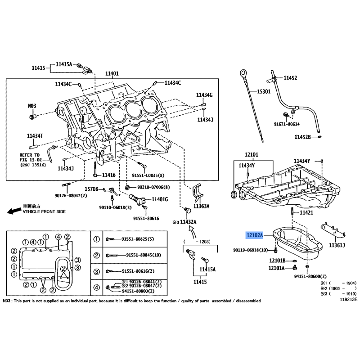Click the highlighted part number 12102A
click(x=254, y=235)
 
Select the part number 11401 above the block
click(x=112, y=73)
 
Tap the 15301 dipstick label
click(x=264, y=92)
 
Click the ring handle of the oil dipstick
click(x=243, y=73)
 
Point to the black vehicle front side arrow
click(x=14, y=211)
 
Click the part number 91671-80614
click(x=287, y=124)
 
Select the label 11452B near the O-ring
click(x=302, y=137)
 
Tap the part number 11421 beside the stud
click(x=306, y=212)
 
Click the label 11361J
click(x=337, y=245)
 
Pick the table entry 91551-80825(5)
click(x=138, y=239)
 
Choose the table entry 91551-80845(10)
click(x=144, y=255)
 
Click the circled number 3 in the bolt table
click(x=97, y=272)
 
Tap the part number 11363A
click(x=201, y=206)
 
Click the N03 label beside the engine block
click(x=32, y=106)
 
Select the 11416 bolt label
click(x=108, y=175)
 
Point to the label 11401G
click(x=160, y=199)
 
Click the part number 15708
click(x=91, y=189)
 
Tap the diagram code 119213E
click(x=348, y=299)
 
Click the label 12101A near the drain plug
click(x=276, y=268)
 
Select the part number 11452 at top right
click(x=290, y=78)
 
